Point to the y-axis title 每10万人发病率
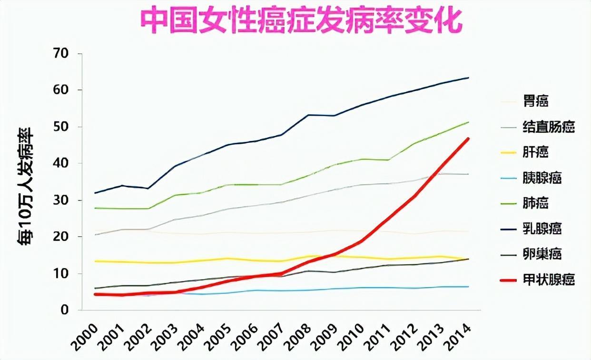(26, 185)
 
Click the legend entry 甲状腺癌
(549, 280)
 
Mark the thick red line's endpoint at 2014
(469, 139)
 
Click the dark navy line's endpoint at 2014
(469, 78)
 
